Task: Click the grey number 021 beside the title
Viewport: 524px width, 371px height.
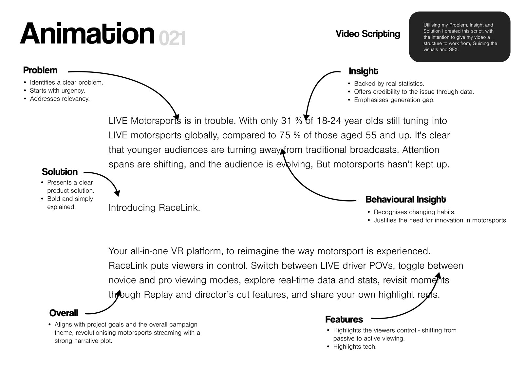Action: pos(172,38)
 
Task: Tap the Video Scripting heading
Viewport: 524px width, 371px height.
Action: pos(368,34)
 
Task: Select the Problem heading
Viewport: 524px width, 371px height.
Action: pos(40,70)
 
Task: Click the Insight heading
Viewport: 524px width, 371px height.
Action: pos(363,71)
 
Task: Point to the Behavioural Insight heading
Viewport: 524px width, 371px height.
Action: pos(405,200)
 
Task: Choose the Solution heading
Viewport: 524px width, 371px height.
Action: pos(60,172)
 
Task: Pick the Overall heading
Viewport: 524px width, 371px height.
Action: pos(64,313)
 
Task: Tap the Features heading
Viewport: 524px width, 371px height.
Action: pos(344,320)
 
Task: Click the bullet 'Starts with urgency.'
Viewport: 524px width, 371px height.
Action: pos(57,90)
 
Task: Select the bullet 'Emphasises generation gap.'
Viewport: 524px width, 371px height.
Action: pos(394,100)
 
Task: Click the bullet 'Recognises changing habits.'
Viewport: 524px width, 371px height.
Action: pos(415,212)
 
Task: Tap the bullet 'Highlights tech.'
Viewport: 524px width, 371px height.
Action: pos(355,347)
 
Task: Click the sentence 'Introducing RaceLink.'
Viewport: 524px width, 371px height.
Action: pos(154,208)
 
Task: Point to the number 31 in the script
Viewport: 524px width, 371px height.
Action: pos(286,121)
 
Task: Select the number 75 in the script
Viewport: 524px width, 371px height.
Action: pos(285,136)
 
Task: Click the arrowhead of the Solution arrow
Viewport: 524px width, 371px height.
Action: pos(118,193)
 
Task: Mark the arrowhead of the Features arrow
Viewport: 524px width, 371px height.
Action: pos(438,275)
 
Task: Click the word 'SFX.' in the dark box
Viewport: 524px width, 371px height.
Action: pos(454,49)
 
